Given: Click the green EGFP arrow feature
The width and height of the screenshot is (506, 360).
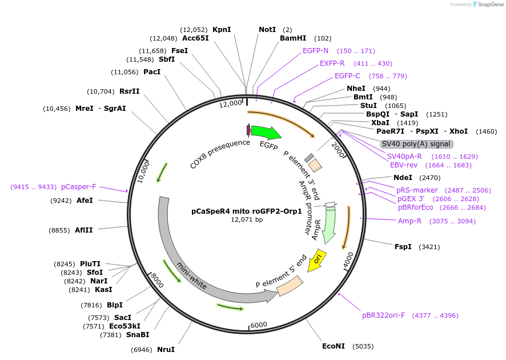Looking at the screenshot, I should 265,133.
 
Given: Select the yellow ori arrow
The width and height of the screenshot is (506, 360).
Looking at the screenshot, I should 318,259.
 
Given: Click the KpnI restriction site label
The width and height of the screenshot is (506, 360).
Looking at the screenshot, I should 222,30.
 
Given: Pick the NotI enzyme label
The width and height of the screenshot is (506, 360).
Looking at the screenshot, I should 267,30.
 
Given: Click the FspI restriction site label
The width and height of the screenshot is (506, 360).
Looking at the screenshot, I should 403,247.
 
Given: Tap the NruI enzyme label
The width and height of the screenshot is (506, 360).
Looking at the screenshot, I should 166,349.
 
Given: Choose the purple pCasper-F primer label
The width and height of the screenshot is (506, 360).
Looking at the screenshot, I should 79,187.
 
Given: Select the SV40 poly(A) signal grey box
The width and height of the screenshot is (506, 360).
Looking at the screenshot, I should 417,144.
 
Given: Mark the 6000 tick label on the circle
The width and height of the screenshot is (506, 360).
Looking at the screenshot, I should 259,325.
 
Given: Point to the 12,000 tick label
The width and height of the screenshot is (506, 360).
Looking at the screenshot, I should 231,103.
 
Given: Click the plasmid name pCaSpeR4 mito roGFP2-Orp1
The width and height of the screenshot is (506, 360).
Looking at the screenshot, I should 247,211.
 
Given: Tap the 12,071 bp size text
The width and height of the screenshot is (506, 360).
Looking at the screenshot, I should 247,219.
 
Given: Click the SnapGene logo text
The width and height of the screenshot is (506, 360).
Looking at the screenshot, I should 488,5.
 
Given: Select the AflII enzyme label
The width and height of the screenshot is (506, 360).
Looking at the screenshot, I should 83,230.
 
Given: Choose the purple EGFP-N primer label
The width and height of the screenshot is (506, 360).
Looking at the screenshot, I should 319,51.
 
